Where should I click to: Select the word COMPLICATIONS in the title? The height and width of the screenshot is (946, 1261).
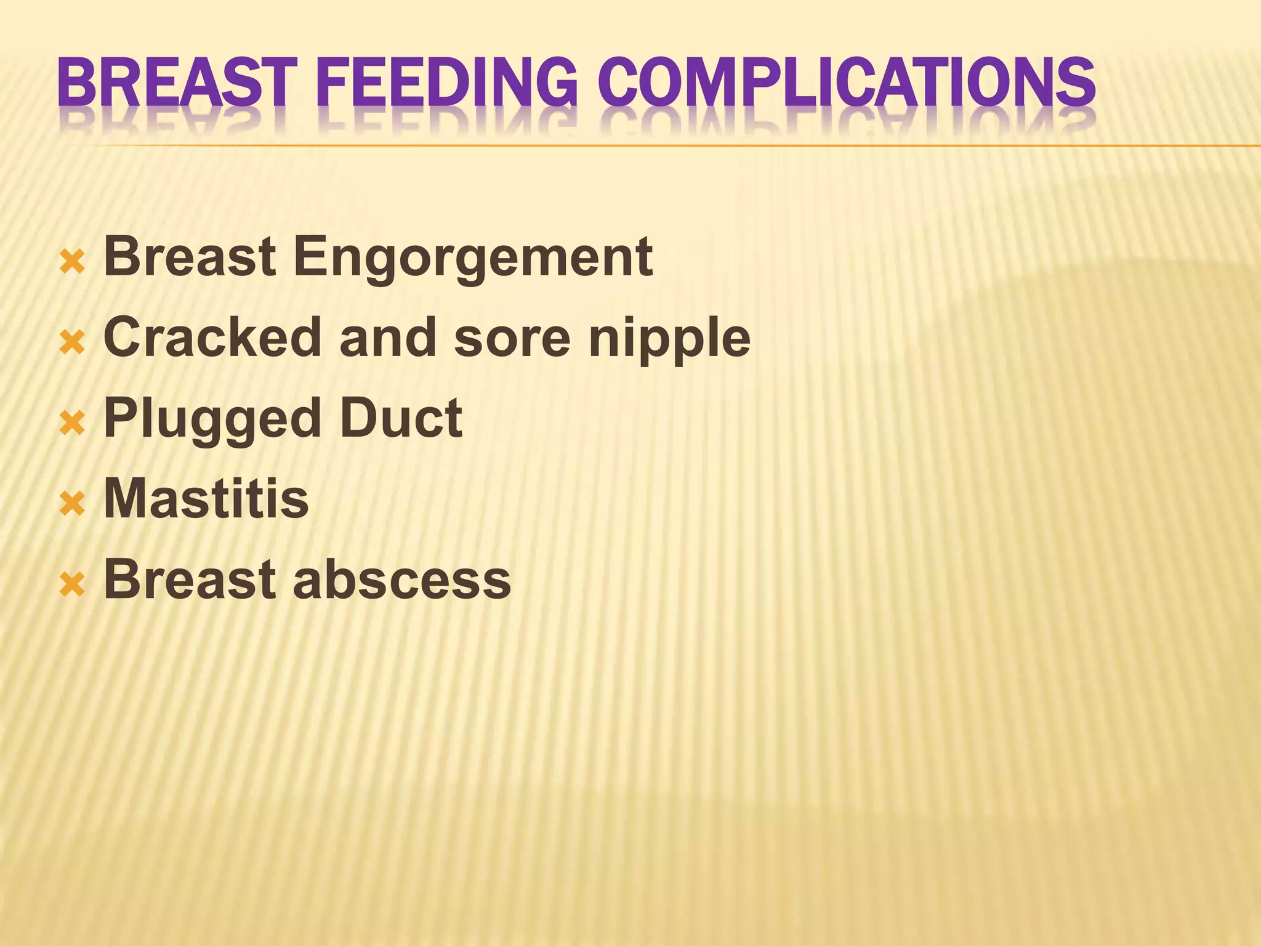click(847, 81)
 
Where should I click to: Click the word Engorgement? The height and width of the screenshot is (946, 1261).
click(473, 258)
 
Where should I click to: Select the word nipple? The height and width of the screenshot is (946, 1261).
click(670, 339)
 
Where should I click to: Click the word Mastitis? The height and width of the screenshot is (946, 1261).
click(206, 498)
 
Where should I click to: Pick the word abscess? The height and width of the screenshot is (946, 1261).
click(402, 580)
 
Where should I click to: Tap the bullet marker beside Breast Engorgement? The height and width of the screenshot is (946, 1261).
click(72, 263)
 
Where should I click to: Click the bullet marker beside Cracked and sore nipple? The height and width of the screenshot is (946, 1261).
click(72, 343)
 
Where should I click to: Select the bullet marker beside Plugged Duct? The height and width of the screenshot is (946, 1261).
click(72, 424)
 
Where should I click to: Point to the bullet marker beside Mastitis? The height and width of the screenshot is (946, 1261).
click(72, 504)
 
